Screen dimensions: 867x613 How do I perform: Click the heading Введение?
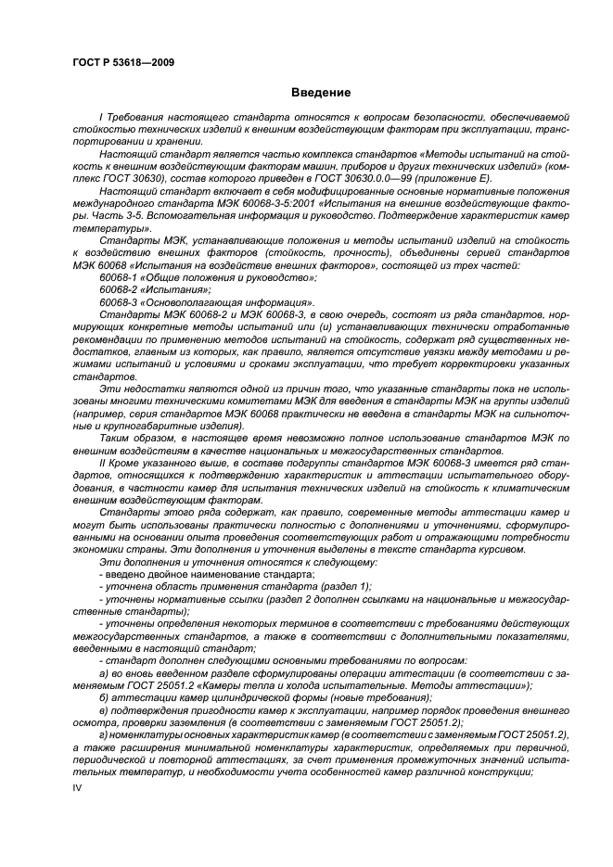tap(320, 93)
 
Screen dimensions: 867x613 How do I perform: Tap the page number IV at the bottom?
tap(78, 786)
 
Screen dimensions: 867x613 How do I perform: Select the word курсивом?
tap(501, 549)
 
